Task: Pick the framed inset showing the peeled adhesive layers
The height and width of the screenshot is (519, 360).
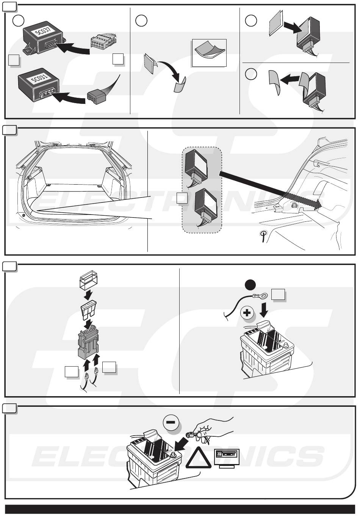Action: point(209,53)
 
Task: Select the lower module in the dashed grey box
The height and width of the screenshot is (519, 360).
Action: point(207,207)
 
